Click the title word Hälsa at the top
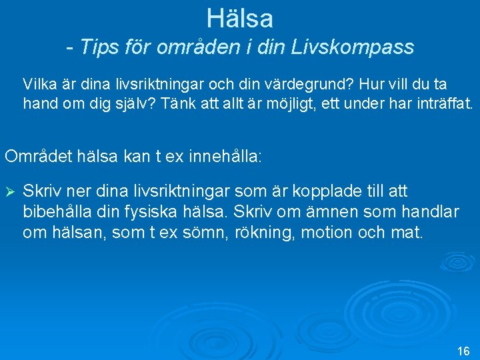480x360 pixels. (x=239, y=18)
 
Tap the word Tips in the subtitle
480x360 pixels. (x=98, y=47)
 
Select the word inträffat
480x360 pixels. (x=436, y=104)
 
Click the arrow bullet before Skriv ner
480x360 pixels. (x=10, y=192)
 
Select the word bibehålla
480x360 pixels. (x=57, y=213)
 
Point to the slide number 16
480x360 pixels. (x=464, y=351)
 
